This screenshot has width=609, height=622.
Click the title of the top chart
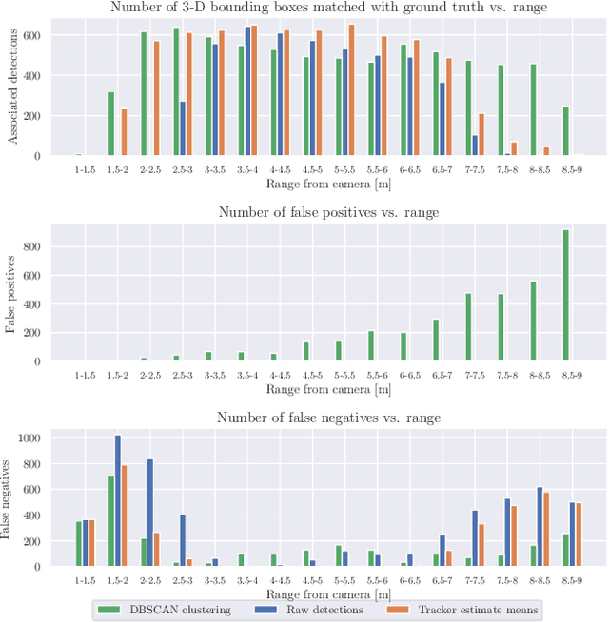[327, 9]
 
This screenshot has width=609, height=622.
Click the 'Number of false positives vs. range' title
[327, 212]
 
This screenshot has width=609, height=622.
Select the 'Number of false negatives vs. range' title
[327, 418]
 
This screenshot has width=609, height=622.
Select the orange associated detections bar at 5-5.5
[351, 89]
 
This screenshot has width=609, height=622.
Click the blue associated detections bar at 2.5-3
[183, 127]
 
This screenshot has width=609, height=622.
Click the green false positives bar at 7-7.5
[468, 327]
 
